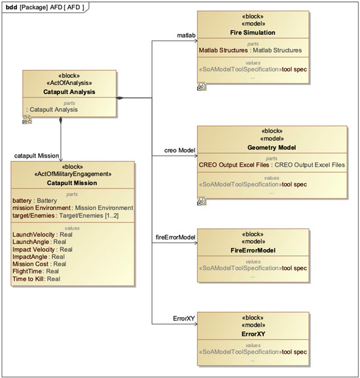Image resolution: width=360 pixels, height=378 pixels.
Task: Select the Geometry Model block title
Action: pos(272,148)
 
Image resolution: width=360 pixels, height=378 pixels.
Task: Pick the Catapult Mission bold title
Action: pos(72,183)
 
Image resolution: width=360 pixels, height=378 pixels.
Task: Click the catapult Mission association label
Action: pos(38,156)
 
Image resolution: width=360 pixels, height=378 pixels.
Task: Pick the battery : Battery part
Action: pos(35,200)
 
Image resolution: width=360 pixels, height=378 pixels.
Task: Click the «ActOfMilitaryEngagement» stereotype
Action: pos(72,175)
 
